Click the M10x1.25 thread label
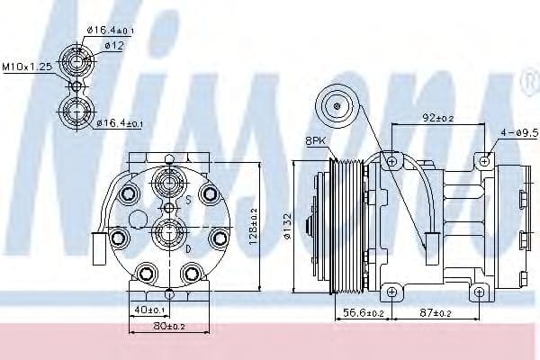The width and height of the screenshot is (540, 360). (x=26, y=67)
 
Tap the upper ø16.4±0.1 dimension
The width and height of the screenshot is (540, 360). (x=112, y=30)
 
